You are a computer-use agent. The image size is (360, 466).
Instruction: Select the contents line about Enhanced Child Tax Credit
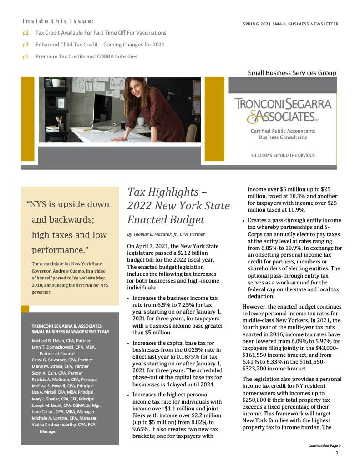point(100,45)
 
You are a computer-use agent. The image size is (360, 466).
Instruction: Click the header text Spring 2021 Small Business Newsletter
point(291,24)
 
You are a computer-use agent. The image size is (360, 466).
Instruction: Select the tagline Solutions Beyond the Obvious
point(283,155)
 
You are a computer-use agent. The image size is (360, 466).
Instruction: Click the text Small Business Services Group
point(292,73)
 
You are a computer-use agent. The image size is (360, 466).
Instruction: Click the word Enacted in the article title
point(146,220)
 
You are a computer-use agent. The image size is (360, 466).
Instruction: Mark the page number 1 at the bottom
point(336,453)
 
